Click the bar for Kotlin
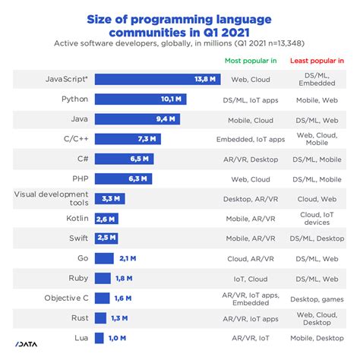click(106, 219)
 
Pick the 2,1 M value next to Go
click(127, 258)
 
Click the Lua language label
click(80, 338)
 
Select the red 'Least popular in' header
click(318, 59)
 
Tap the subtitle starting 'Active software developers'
click(179, 43)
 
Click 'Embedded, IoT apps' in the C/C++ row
click(250, 139)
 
